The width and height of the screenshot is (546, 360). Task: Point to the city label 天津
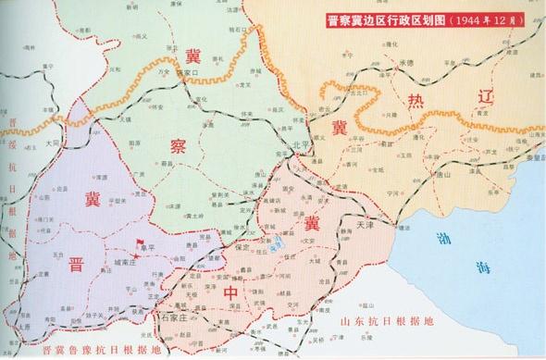point(366,225)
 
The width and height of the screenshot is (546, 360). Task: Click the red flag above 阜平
point(142,239)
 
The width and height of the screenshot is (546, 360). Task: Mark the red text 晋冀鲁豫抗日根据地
point(103,350)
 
